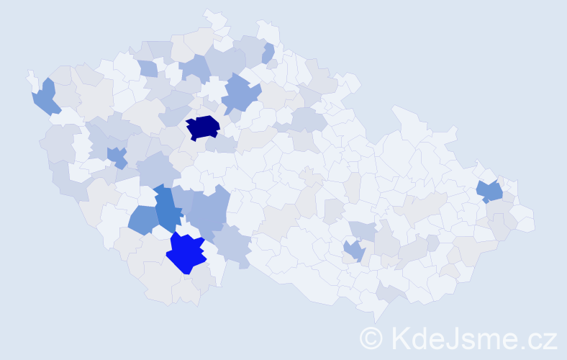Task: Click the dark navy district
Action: click(203, 127)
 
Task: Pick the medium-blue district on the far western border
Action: click(45, 96)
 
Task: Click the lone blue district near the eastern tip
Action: click(490, 191)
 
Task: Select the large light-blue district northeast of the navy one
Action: click(240, 94)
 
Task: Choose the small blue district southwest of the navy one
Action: click(117, 156)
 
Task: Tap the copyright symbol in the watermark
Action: click(371, 338)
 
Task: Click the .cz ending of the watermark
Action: click(539, 338)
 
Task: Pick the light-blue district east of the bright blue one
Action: click(232, 242)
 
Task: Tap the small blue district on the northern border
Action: click(268, 53)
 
